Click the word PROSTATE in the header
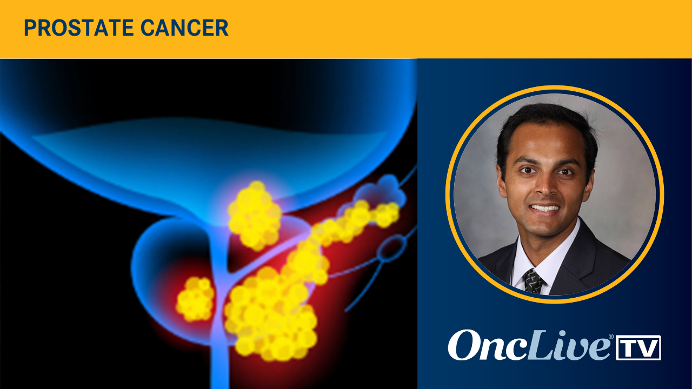pos(78,28)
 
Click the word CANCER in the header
pos(184,28)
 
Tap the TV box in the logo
pos(638,347)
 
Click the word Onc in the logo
pos(487,346)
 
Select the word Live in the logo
pos(568,345)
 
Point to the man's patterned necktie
pos(533,281)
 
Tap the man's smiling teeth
pos(545,208)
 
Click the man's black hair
pos(546,130)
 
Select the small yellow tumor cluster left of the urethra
pos(195,299)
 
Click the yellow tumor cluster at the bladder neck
pos(254,216)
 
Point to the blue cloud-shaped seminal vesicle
pos(381,191)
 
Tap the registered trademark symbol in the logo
pos(611,337)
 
